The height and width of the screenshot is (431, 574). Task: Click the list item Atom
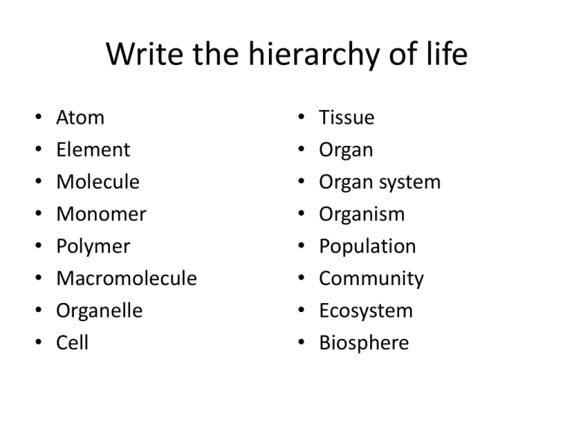[80, 117]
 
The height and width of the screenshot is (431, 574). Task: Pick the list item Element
[93, 150]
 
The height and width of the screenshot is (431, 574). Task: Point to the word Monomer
[101, 214]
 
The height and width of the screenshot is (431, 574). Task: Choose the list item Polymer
[93, 247]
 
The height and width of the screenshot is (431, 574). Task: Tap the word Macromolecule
[126, 278]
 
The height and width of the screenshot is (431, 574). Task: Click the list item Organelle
[99, 311]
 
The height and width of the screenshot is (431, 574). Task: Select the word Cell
[72, 343]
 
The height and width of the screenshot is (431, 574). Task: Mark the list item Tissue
[347, 117]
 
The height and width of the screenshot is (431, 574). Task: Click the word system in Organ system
[410, 183]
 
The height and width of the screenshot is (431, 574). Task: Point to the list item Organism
[362, 214]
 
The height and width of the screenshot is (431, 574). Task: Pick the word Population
[367, 247]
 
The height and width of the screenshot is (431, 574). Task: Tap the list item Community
[371, 279]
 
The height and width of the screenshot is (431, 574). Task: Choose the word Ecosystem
[365, 311]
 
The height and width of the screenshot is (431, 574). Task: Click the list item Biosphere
[363, 343]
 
